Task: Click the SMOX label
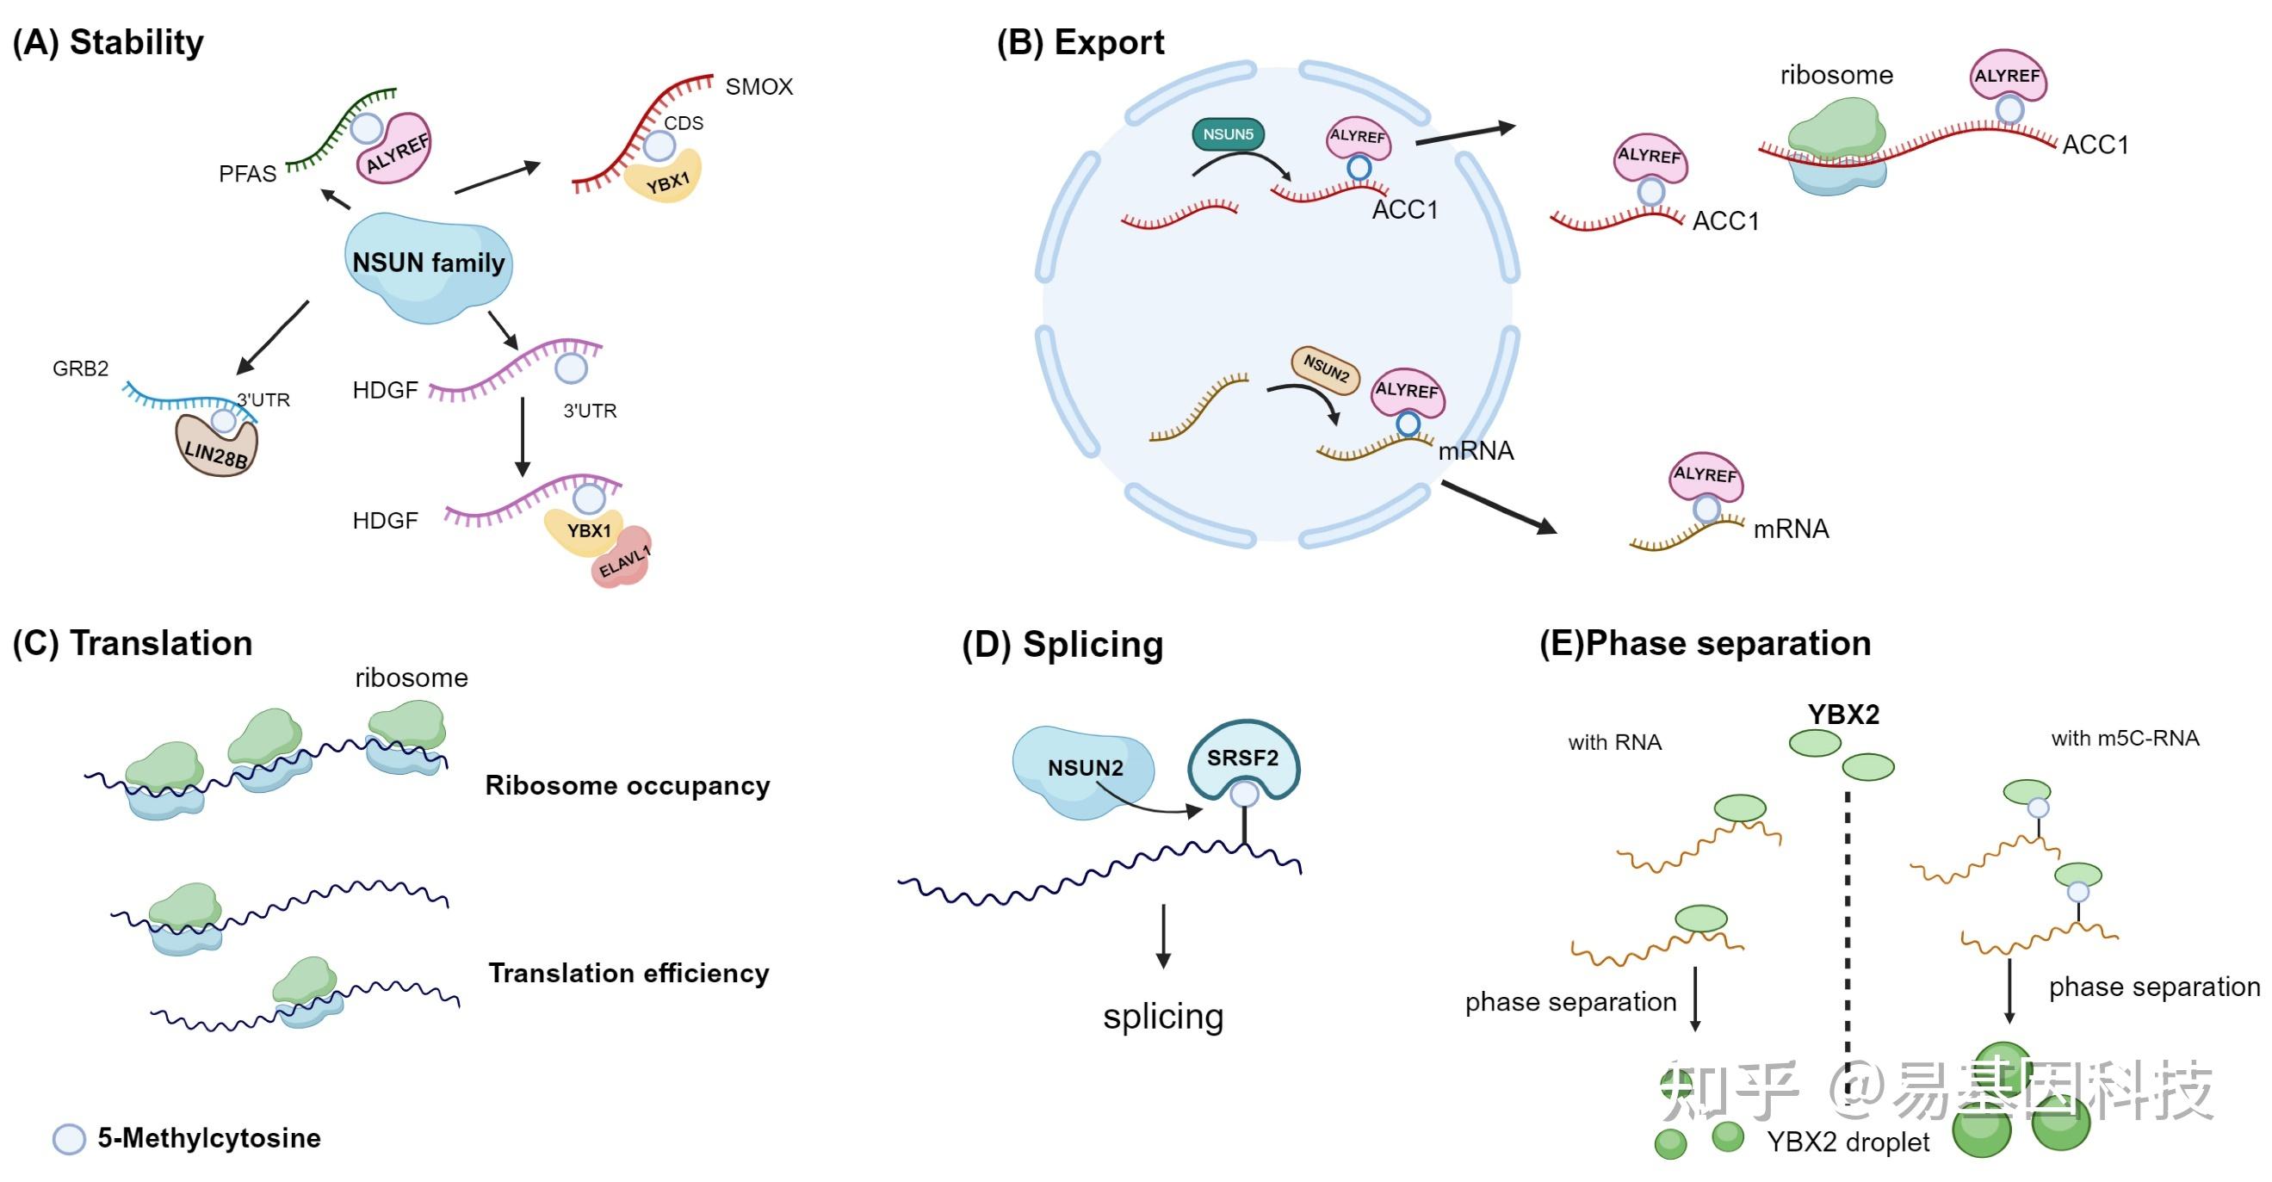point(758,86)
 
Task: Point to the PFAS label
point(247,174)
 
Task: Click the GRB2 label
point(80,368)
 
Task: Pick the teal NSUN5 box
point(1228,134)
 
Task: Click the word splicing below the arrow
point(1162,1016)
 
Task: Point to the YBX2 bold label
point(1843,715)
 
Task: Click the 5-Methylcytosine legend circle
point(69,1139)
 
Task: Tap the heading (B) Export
point(1080,42)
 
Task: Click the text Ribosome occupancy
point(627,785)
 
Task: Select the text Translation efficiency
point(628,973)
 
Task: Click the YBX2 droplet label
point(1848,1142)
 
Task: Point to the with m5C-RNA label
point(2125,739)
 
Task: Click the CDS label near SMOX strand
point(684,123)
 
